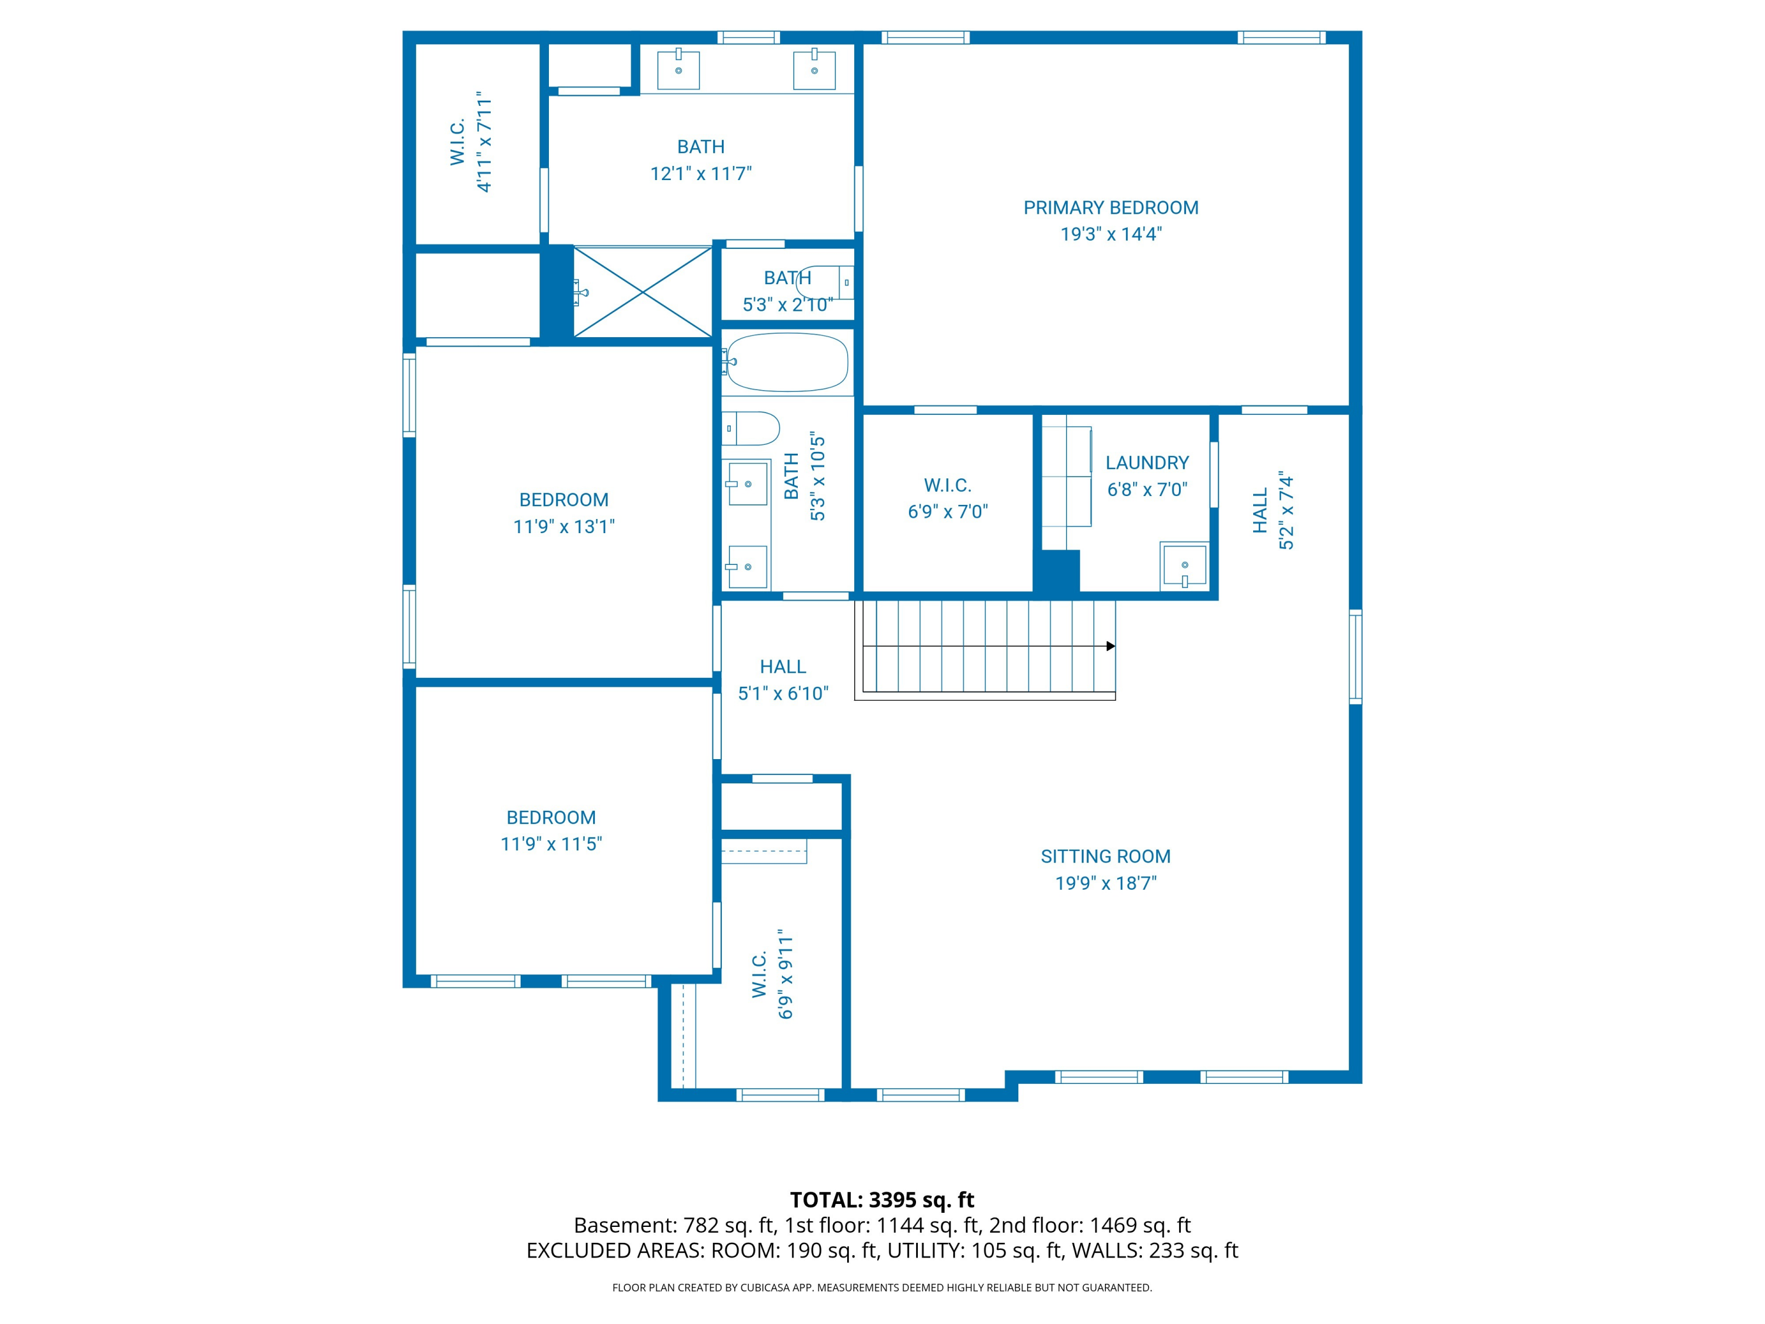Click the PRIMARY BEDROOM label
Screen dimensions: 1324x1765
point(1110,208)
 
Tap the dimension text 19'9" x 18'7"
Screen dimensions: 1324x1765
point(1105,883)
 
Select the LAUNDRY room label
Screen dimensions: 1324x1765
point(1147,463)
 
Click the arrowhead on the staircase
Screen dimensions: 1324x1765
point(1110,646)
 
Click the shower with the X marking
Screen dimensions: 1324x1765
point(642,292)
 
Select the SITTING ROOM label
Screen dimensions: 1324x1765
point(1105,856)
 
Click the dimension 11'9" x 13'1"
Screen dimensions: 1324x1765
point(564,527)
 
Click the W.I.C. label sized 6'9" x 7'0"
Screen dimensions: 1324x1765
point(947,485)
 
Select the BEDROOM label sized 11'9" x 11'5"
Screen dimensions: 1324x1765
point(551,817)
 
